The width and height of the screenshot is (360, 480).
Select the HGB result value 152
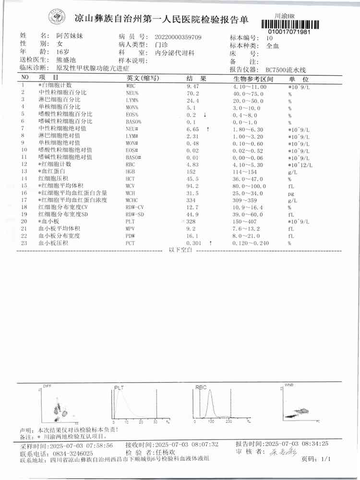coord(191,171)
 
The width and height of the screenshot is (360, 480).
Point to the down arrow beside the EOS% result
coord(205,115)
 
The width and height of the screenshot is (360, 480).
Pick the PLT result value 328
coord(192,222)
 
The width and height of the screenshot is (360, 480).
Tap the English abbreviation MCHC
coord(133,200)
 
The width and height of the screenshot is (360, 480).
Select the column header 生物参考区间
coord(253,78)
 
